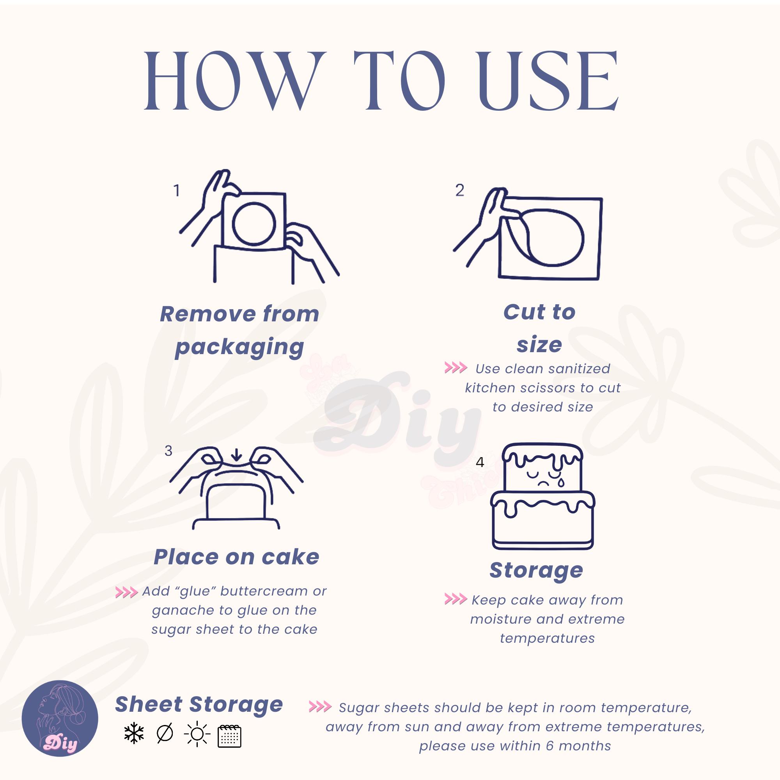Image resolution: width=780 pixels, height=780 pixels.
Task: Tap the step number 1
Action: coord(176,191)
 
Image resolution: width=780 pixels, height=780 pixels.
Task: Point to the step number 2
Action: coord(460,190)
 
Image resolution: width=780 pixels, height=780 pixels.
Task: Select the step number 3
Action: coord(169,451)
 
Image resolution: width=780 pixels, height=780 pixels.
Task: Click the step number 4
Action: coord(480,462)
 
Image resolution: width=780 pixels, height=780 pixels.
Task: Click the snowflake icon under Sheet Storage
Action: coord(134,734)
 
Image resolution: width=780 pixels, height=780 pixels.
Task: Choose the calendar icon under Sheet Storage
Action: coord(229,736)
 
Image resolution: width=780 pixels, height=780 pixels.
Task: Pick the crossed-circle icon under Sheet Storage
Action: coord(165,734)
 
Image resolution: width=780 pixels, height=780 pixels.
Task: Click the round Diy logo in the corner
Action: coord(60,719)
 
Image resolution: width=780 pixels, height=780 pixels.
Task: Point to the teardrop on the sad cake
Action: coord(562,482)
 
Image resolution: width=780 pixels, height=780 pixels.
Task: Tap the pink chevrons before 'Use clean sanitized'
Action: coord(456,368)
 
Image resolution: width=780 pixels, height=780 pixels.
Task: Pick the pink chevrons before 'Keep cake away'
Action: coord(456,599)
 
